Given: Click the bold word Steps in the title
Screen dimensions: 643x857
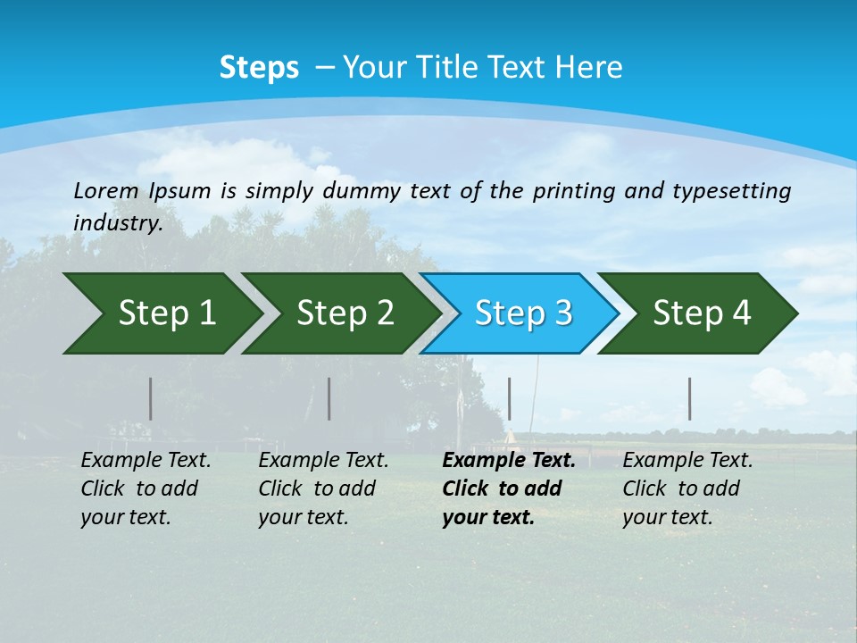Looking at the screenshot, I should [259, 68].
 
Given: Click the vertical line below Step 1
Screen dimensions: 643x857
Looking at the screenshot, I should [151, 398].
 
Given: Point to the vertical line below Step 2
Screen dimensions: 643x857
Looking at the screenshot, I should [329, 398].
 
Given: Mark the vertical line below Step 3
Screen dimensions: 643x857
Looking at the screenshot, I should [509, 398].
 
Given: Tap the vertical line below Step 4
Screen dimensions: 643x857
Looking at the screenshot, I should [689, 398].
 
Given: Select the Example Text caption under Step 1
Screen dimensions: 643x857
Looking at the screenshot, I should [146, 489].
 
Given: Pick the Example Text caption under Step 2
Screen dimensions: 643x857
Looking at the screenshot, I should [323, 489].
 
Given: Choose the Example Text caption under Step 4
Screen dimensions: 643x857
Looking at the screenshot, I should [687, 489].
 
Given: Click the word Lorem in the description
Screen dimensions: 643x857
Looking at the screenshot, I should [106, 190].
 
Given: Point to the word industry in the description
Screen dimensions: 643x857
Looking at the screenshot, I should [118, 222].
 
